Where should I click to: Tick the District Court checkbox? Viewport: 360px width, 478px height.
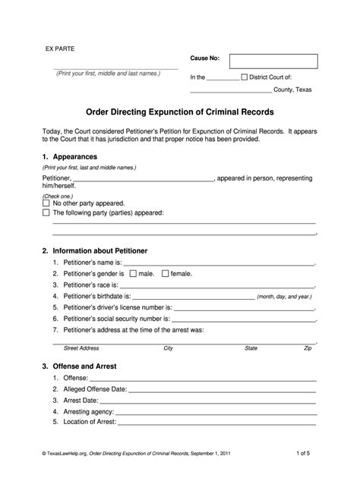[244, 77]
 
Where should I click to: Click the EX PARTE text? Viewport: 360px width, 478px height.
[58, 49]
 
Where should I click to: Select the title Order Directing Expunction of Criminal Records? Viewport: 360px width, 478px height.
[180, 111]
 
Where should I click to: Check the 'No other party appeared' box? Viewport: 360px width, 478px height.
[46, 203]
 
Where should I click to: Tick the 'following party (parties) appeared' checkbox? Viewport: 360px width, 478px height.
[46, 213]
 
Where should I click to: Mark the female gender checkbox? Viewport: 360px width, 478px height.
[165, 273]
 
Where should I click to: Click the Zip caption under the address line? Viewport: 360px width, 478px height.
[308, 348]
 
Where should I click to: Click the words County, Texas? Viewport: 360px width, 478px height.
[292, 90]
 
